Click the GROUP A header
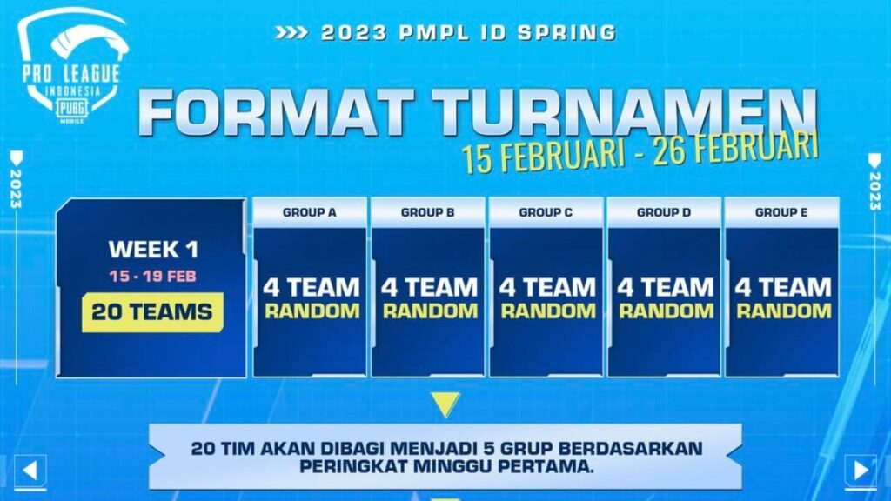[x=309, y=212]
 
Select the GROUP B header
[x=427, y=212]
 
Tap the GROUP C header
[x=546, y=212]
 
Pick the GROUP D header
[x=663, y=212]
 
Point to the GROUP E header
[x=781, y=212]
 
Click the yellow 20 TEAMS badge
[x=152, y=312]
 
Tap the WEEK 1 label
[x=153, y=250]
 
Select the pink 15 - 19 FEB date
[x=153, y=277]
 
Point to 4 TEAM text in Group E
[x=783, y=287]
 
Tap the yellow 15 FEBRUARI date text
[x=543, y=157]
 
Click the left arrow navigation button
[x=30, y=471]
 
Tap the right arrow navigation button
[x=860, y=471]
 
